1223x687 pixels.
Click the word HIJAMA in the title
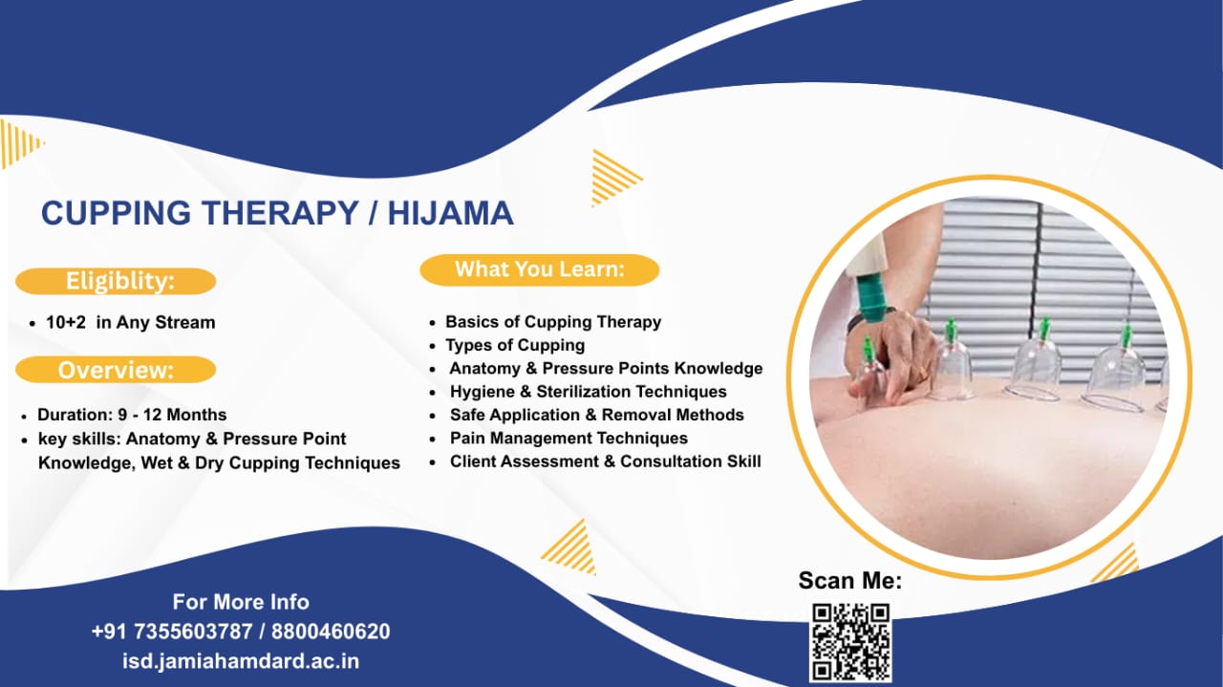450,213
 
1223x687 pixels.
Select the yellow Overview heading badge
116,370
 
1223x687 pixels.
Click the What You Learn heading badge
539,269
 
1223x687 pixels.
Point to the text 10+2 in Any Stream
130,322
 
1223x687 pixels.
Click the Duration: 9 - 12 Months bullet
132,415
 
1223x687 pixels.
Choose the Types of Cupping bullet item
515,345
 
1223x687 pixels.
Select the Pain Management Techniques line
569,438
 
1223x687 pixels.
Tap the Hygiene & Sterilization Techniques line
588,391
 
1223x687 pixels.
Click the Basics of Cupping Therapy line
553,322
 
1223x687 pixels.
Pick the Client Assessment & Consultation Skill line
605,461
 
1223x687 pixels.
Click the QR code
850,641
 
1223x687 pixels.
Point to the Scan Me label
849,581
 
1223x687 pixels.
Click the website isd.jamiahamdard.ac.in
241,660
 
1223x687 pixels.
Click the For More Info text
241,602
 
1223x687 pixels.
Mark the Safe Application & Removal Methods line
596,415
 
